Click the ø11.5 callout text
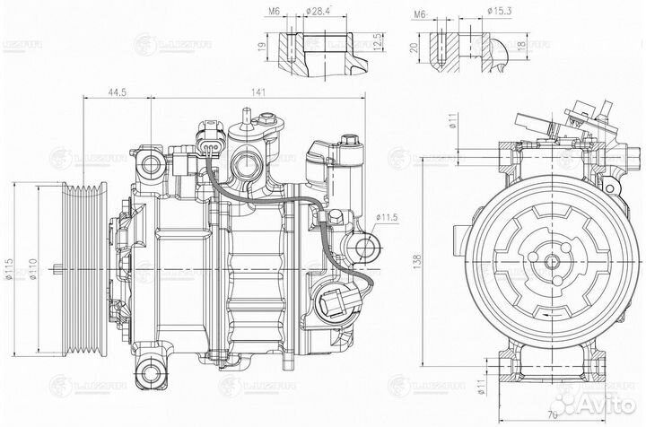click(387, 217)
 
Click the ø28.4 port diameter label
click(319, 13)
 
